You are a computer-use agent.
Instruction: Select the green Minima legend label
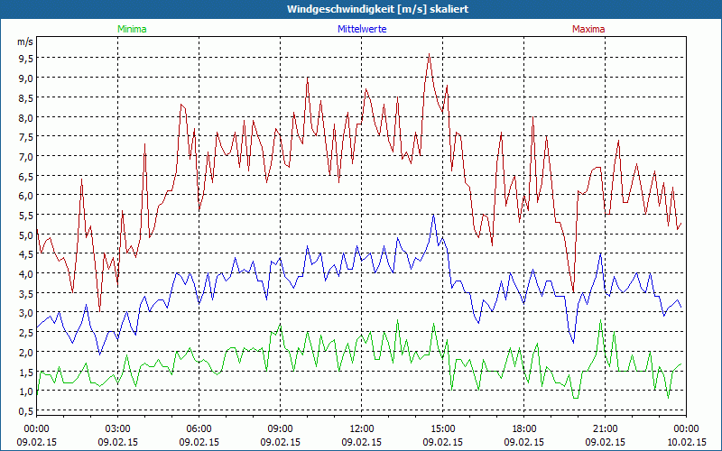click(x=131, y=29)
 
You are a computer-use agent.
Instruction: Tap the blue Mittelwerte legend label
click(x=361, y=29)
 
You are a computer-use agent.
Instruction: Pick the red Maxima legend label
click(x=588, y=29)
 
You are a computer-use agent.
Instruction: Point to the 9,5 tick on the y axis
click(x=25, y=58)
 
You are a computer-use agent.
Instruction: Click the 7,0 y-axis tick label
click(x=25, y=156)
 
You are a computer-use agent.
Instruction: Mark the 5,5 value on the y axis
click(x=25, y=215)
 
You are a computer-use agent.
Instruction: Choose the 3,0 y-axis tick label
click(x=25, y=313)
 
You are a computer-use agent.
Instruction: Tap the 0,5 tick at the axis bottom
click(x=25, y=411)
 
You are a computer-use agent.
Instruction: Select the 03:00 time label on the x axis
click(x=117, y=428)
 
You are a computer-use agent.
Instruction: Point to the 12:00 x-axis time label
click(x=361, y=428)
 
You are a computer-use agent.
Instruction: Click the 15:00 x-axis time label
click(x=442, y=428)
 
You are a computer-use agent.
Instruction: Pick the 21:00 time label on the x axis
click(x=605, y=428)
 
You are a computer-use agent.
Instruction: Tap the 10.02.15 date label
click(x=686, y=443)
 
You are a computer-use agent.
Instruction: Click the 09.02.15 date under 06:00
click(x=199, y=443)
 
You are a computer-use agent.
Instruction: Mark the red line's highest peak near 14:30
click(x=430, y=55)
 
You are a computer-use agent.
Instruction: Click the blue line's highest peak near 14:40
click(x=434, y=215)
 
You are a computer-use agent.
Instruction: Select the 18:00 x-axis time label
click(x=523, y=428)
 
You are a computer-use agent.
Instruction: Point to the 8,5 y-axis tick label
click(x=25, y=97)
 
